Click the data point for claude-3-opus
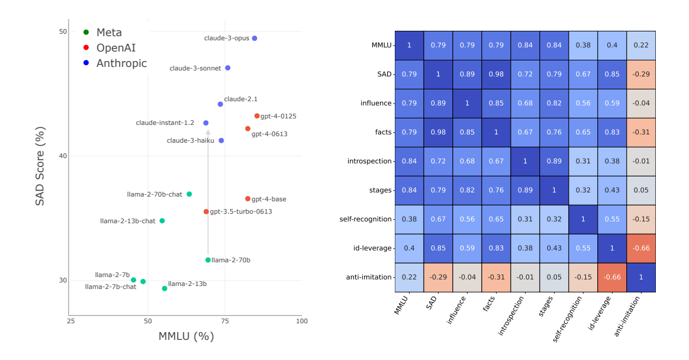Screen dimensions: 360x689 pos(255,38)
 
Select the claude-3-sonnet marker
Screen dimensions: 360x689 pos(228,68)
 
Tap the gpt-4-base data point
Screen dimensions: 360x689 pos(248,199)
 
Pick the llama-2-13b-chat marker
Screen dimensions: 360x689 pos(162,221)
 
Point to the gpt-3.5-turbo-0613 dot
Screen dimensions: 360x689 pos(207,211)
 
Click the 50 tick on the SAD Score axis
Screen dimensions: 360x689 pos(62,31)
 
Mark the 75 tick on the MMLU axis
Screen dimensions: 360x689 pos(225,321)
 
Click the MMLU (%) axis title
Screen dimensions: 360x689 pos(186,336)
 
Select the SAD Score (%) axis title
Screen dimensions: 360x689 pos(40,166)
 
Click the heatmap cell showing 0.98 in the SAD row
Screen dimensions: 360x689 pos(496,74)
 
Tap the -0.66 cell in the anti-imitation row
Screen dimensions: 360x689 pos(612,277)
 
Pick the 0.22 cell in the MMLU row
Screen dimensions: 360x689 pos(641,45)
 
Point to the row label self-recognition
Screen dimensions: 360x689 pos(366,219)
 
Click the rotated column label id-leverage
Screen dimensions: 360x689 pos(598,314)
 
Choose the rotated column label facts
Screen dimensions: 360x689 pos(490,306)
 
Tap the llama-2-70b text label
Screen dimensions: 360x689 pos(231,260)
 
